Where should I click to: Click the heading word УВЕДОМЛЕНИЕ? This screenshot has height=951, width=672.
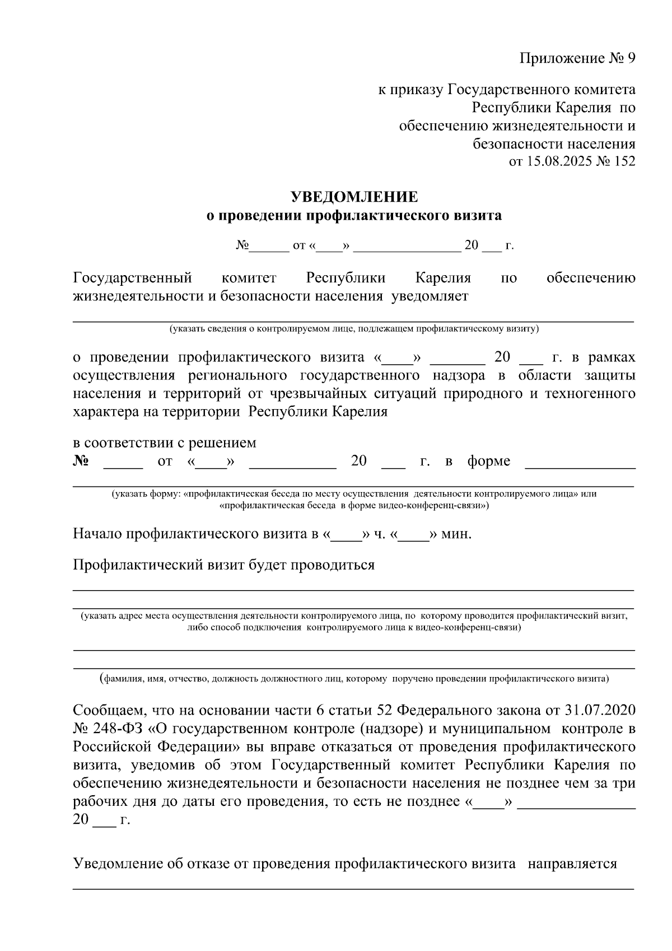tap(354, 197)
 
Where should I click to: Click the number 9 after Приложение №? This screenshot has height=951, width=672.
tap(631, 59)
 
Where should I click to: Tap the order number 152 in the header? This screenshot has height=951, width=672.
tap(624, 161)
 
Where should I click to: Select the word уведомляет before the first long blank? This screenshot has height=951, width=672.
tap(430, 296)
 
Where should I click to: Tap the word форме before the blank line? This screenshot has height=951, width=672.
tap(489, 461)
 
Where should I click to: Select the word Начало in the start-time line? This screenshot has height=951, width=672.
tap(97, 534)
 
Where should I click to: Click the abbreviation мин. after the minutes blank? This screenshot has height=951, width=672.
tap(457, 534)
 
